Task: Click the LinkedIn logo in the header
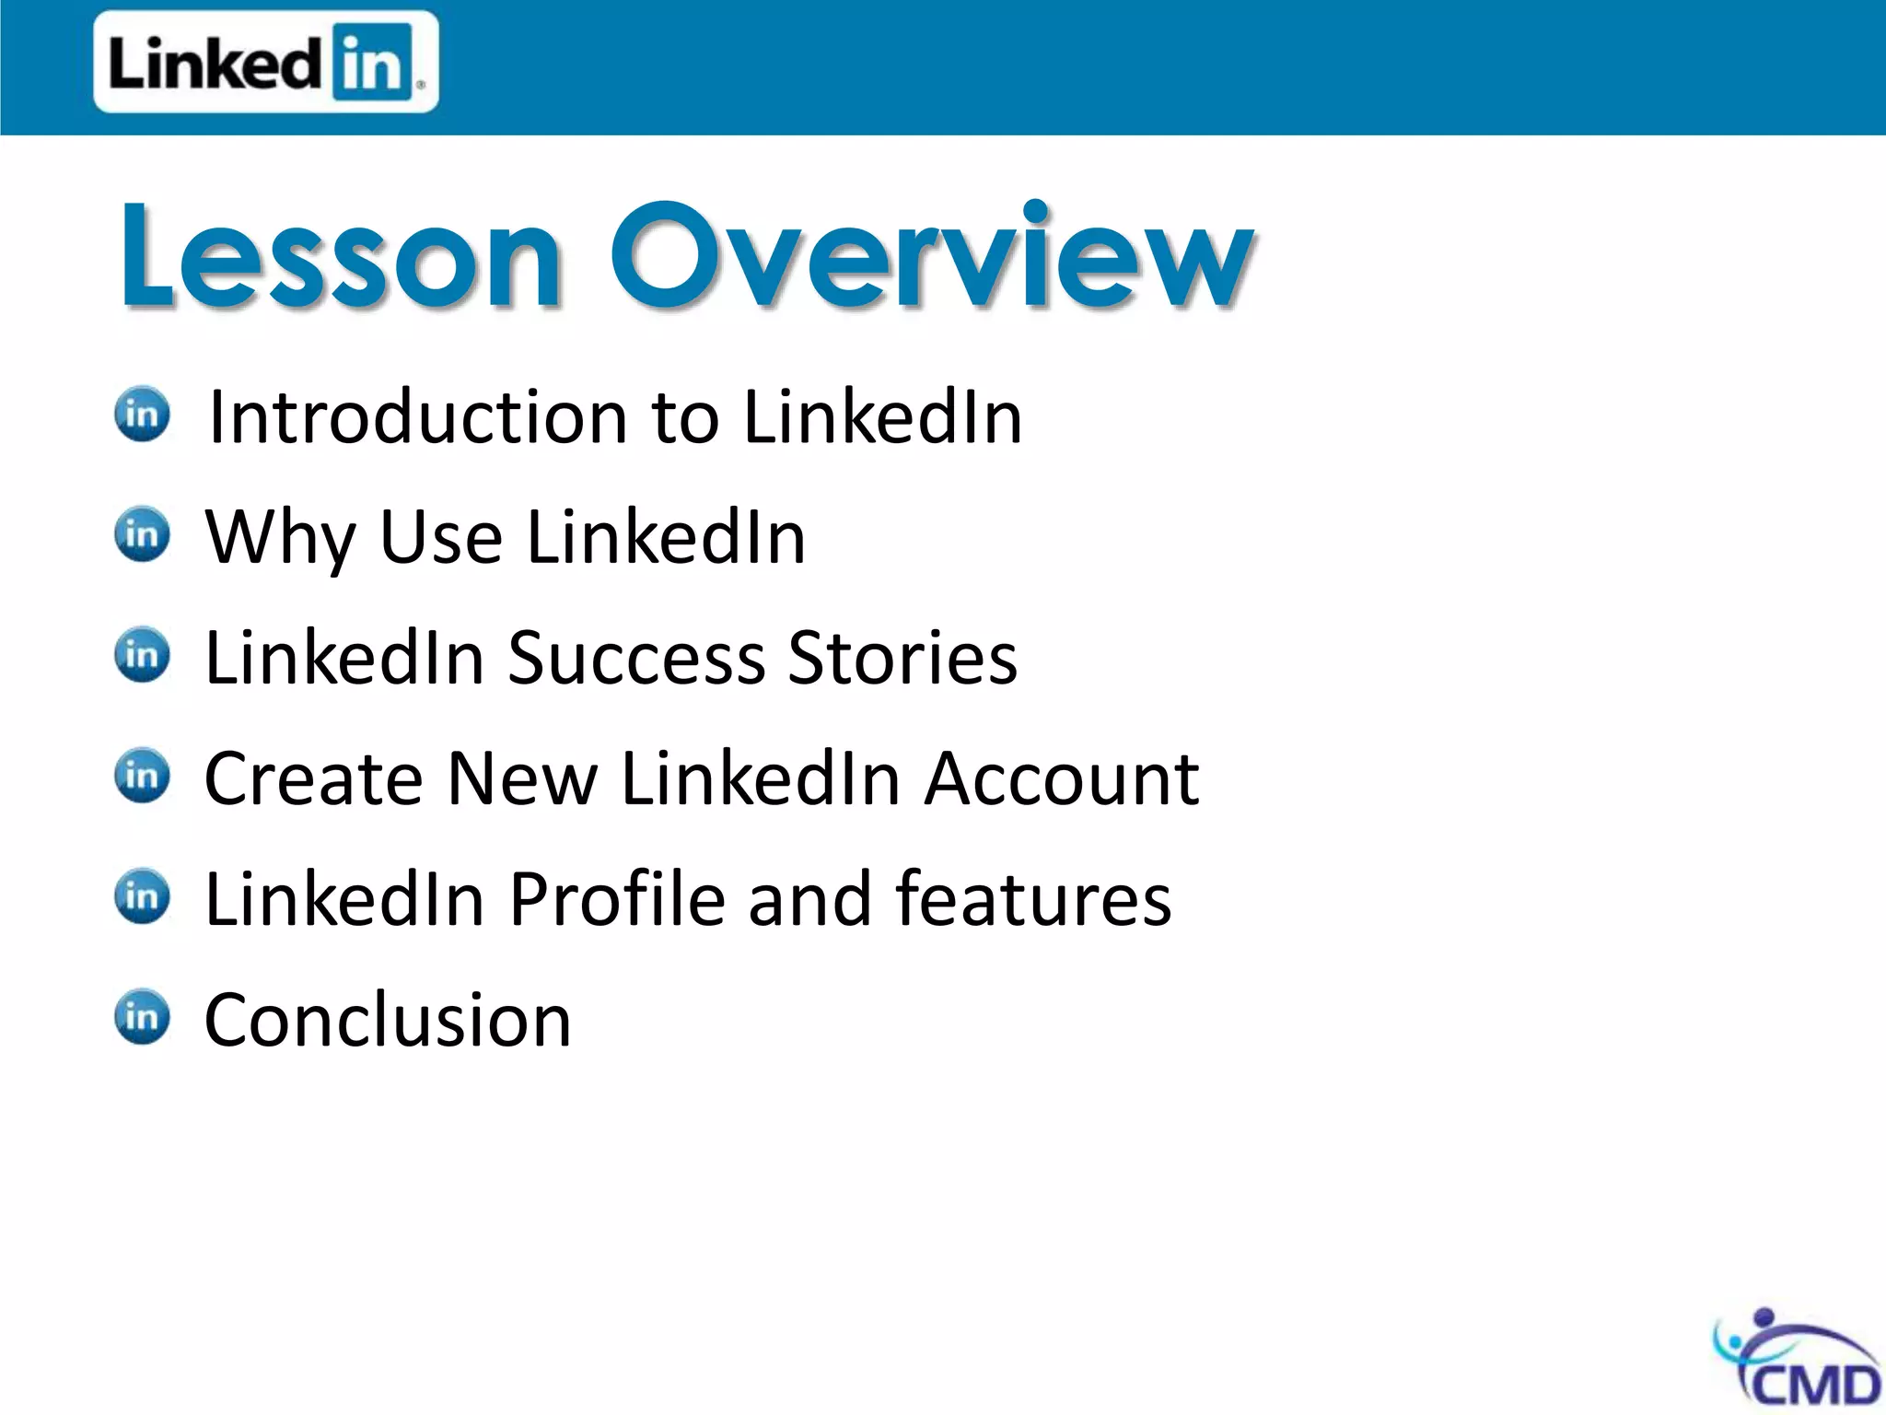click(x=265, y=63)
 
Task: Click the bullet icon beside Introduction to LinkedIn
click(x=142, y=414)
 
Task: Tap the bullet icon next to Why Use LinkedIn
click(x=142, y=534)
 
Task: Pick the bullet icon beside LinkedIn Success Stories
click(x=142, y=655)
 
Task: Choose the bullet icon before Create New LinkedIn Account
click(x=142, y=776)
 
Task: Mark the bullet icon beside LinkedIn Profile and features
click(x=142, y=896)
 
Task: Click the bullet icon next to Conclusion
click(x=142, y=1017)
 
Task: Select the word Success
click(x=636, y=659)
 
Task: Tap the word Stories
click(x=902, y=659)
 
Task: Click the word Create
click(x=313, y=779)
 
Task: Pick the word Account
click(x=1061, y=779)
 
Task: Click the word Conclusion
click(x=388, y=1021)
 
